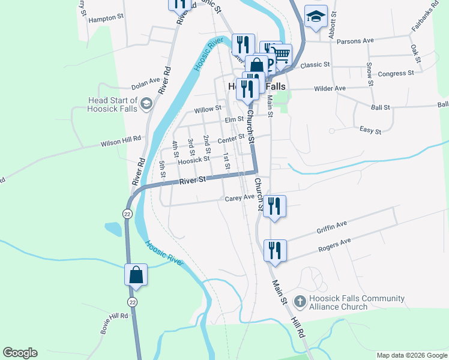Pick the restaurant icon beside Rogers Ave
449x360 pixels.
pos(275,250)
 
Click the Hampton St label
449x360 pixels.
pos(105,19)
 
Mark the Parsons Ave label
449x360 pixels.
pos(355,41)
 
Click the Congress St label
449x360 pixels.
pos(396,74)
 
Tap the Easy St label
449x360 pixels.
pos(370,130)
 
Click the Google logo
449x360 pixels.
pos(20,353)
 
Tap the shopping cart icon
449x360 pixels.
pos(282,55)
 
